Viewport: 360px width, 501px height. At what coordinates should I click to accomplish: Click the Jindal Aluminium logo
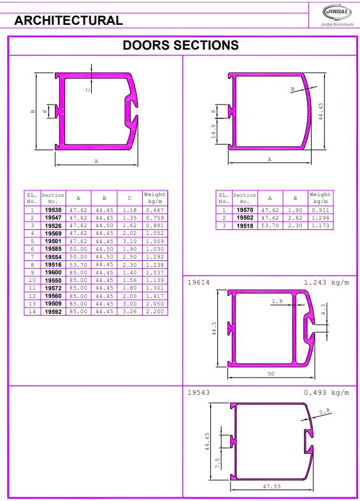(337, 15)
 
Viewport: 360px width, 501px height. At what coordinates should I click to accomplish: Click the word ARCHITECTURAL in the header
(69, 20)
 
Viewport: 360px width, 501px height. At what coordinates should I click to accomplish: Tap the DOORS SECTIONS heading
(181, 45)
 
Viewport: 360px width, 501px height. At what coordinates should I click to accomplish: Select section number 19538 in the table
(53, 210)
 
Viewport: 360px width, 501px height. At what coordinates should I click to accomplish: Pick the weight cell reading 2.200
(155, 311)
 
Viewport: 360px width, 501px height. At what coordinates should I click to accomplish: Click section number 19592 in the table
(53, 311)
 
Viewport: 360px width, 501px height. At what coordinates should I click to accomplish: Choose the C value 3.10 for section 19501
(129, 241)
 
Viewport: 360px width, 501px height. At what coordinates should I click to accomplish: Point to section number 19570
(245, 210)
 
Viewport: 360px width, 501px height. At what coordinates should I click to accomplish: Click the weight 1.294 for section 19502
(320, 218)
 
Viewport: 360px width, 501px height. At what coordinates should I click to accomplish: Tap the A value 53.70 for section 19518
(270, 225)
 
